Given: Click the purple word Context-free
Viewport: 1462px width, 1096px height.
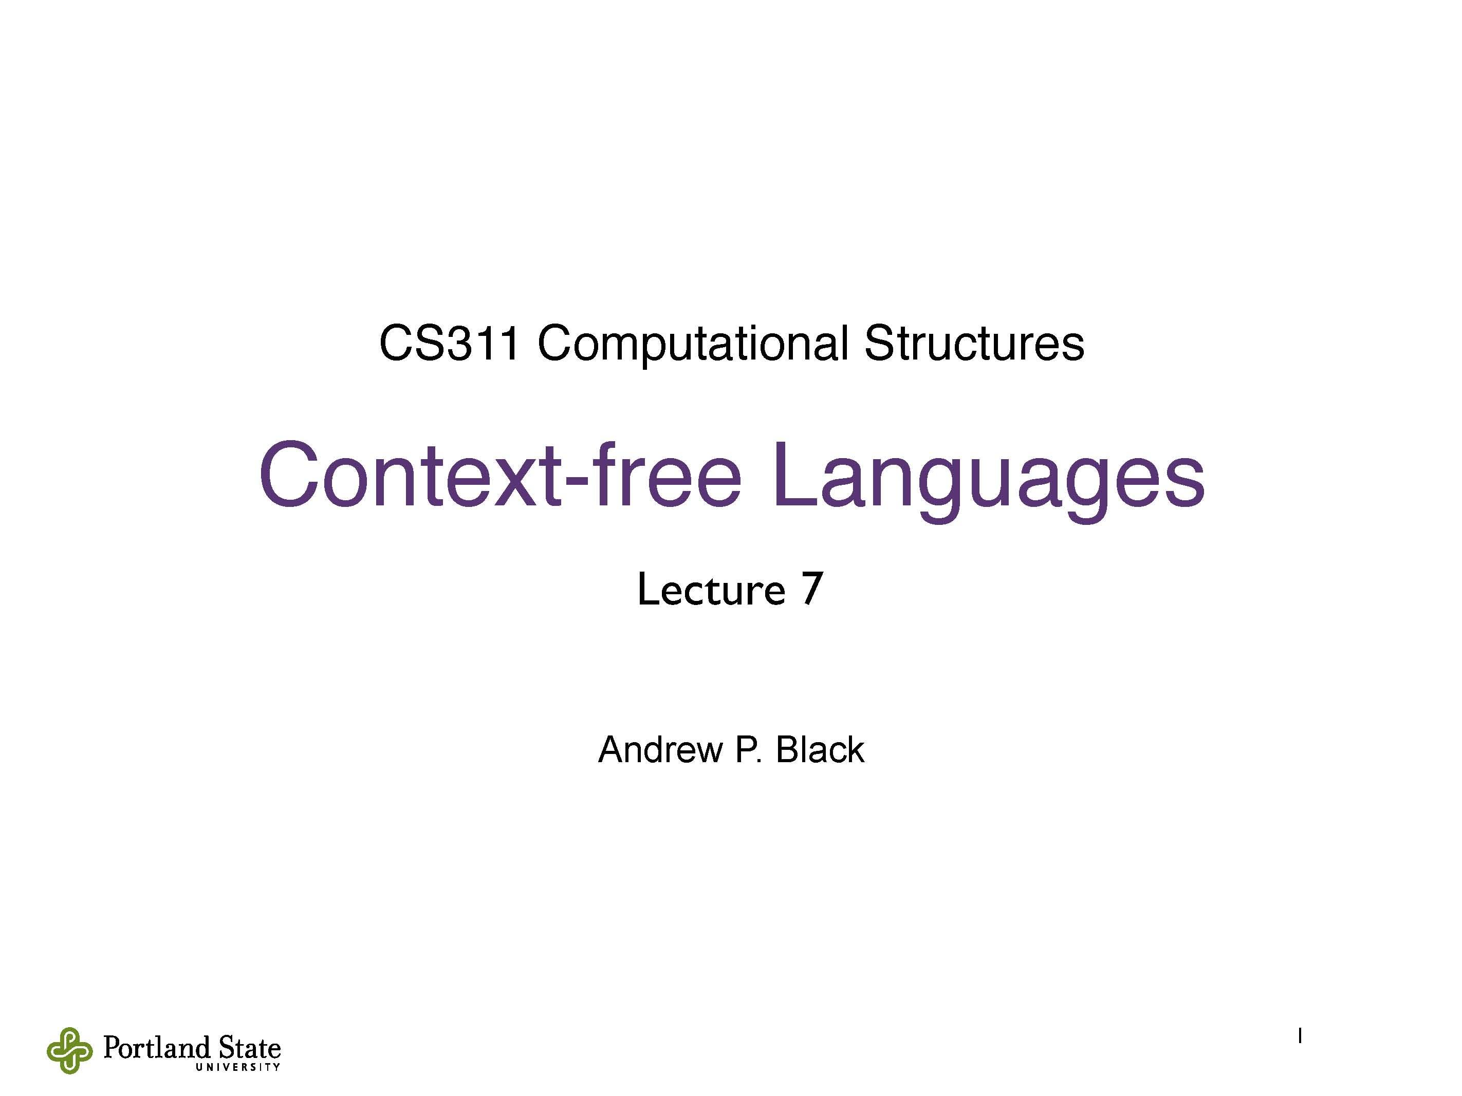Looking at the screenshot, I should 499,476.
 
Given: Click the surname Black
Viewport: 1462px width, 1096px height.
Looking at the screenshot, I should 820,750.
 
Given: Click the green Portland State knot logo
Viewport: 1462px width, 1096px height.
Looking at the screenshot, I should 69,1050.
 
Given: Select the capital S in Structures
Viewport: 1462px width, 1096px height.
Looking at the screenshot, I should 879,344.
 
